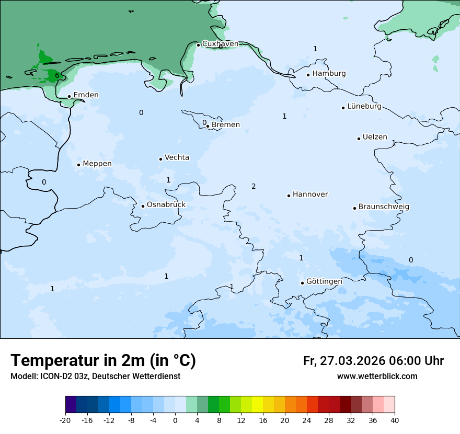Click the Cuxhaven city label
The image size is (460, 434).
point(220,44)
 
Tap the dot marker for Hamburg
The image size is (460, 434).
point(308,74)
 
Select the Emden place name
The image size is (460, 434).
point(86,95)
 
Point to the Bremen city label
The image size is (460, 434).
point(226,125)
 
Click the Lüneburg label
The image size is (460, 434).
point(364,107)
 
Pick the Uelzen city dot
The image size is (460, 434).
point(359,139)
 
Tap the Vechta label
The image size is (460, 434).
point(177,157)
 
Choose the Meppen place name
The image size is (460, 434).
point(97,164)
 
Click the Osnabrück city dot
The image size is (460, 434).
point(143,206)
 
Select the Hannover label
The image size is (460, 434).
point(310,195)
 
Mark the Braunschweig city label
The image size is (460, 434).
point(384,207)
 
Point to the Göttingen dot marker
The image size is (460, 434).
point(302,283)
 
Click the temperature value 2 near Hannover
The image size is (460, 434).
point(254,187)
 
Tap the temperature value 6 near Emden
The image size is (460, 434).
point(57,76)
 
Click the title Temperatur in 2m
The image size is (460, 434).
point(103,361)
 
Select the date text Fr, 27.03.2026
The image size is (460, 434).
point(344,361)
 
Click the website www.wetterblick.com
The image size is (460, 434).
point(377,376)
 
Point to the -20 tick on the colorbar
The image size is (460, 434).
point(65,420)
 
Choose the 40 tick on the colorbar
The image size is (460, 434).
point(395,420)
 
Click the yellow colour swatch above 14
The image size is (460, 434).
point(257,405)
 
